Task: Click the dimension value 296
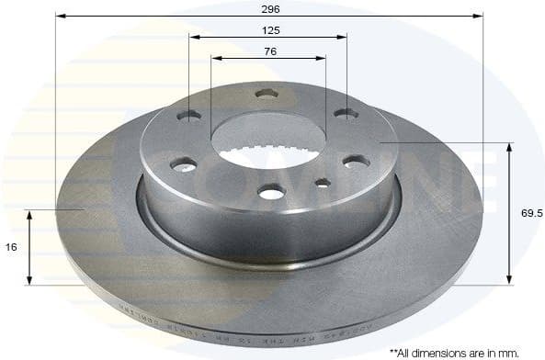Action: (269, 8)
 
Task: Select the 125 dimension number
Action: (268, 29)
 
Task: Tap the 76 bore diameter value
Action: (268, 51)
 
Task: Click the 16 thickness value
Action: (11, 247)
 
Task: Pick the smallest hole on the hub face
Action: (322, 183)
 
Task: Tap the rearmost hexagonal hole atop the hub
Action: (267, 94)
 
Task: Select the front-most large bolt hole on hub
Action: (272, 191)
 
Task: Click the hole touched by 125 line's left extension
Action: (188, 116)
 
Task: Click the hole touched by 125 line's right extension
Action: (346, 114)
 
